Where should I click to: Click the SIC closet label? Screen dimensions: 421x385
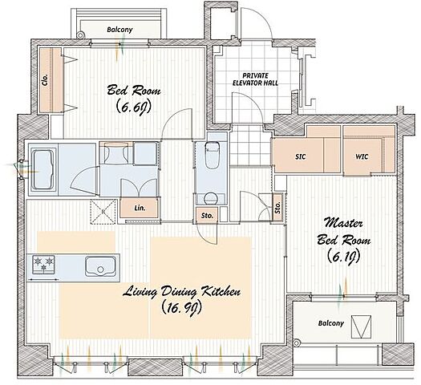click(300, 156)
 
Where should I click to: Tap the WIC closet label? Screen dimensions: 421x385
click(362, 156)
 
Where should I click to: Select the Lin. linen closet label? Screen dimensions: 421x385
click(140, 208)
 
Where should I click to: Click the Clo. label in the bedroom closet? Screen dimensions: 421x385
click(45, 79)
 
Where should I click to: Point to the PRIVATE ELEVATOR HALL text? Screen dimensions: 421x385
click(255, 79)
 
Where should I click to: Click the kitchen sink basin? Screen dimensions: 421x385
click(101, 266)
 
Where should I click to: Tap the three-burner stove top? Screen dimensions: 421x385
click(43, 265)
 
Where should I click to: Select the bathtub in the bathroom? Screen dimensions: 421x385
click(43, 170)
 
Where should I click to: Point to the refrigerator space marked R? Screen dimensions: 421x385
click(103, 212)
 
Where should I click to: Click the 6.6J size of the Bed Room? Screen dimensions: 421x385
click(133, 107)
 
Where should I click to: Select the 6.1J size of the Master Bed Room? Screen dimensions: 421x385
click(343, 257)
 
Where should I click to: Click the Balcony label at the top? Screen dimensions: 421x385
click(119, 30)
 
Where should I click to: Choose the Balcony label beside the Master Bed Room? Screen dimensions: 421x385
click(330, 323)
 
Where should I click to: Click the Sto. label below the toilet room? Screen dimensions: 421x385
click(207, 215)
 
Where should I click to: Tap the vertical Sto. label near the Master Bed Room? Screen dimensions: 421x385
click(277, 207)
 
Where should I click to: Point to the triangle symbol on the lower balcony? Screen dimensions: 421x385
click(361, 326)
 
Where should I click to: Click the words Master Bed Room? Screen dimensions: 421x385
click(344, 233)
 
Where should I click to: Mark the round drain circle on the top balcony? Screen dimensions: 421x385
click(80, 35)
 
